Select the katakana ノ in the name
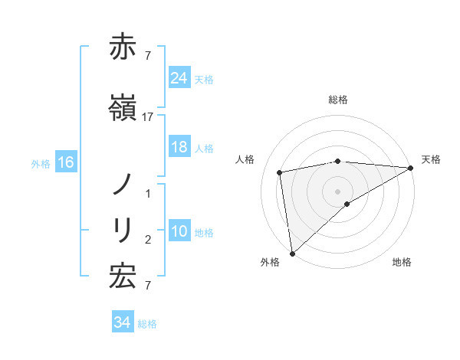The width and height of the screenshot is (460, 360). click(123, 185)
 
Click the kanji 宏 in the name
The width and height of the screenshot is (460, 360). click(123, 276)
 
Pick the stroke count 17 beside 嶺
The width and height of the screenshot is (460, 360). click(149, 117)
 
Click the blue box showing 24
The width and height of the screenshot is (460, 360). click(179, 78)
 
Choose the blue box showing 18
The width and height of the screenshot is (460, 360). click(179, 147)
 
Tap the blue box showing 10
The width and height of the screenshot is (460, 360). click(179, 231)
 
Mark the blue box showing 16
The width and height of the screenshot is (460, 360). click(66, 162)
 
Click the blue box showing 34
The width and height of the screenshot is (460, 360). click(122, 323)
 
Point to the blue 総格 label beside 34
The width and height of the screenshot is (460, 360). click(147, 324)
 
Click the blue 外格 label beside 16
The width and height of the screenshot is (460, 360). click(41, 163)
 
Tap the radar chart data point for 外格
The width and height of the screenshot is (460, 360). click(292, 253)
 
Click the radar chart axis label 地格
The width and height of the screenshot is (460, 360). click(402, 262)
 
